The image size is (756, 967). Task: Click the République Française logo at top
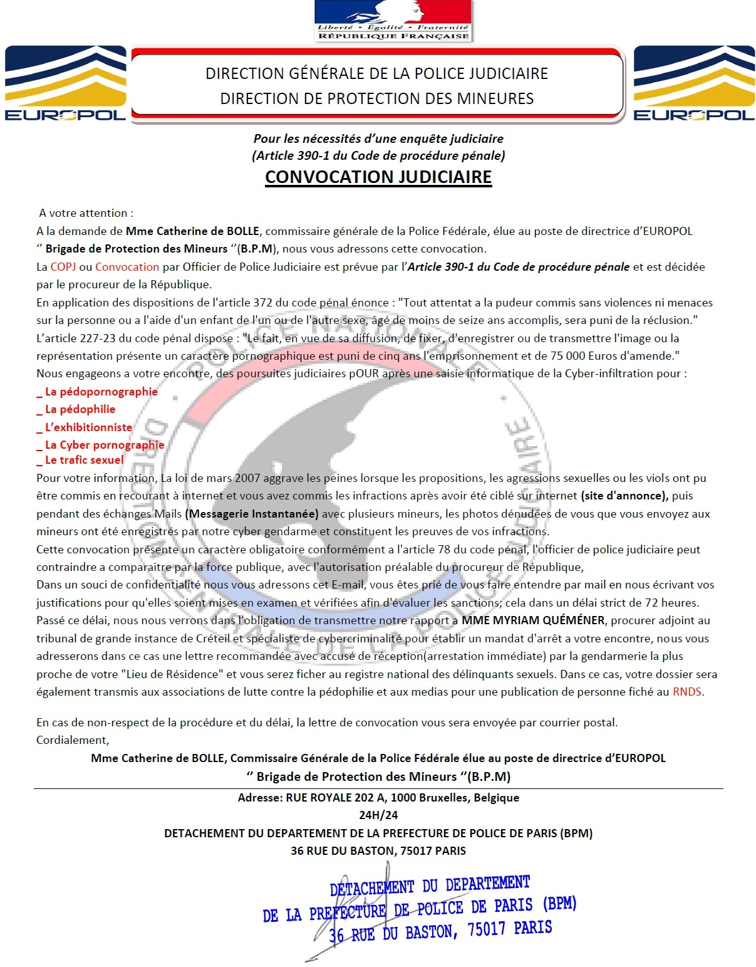pos(393,21)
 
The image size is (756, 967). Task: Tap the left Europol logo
pos(65,83)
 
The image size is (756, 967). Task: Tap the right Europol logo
pos(694,83)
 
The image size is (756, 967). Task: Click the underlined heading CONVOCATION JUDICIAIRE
pos(378,177)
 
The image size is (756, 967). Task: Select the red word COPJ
pos(63,266)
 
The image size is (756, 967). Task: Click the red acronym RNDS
pos(687,692)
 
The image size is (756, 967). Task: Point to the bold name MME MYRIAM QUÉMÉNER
pos(533,620)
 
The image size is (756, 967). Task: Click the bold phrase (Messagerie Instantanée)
pos(252,514)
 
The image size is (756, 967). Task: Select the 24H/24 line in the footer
pos(378,815)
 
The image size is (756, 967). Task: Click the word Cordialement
pos(72,740)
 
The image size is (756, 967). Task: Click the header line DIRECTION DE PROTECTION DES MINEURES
pos(377,98)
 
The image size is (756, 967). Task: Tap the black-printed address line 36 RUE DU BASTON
pos(378,851)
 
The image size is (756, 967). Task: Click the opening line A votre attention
pos(86,213)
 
